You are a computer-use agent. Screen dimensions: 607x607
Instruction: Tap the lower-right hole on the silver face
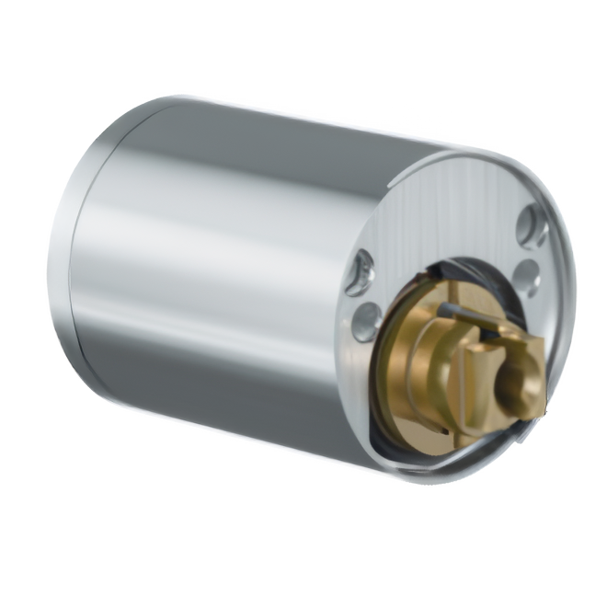tap(529, 271)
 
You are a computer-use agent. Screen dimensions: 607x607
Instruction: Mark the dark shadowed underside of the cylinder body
tap(230, 386)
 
